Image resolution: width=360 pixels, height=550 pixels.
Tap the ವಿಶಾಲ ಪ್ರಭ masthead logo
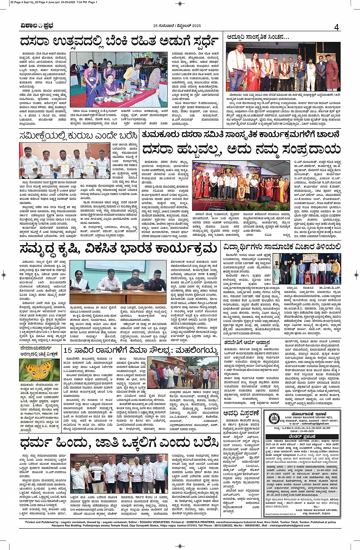37,26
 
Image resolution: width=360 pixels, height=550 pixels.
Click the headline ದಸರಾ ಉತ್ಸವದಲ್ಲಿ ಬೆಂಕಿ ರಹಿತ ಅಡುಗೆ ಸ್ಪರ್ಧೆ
119,41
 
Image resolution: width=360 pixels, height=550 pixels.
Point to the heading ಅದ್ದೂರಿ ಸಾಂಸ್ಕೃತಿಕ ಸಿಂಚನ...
258,37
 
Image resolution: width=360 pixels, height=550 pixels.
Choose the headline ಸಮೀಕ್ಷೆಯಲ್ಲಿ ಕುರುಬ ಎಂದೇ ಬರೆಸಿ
78,136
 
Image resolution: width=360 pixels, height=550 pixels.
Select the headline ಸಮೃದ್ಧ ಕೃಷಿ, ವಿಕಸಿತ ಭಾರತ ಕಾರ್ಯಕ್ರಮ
118,249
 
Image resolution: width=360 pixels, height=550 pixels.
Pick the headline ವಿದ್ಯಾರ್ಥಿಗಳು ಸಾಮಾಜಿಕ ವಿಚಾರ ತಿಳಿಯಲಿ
282,247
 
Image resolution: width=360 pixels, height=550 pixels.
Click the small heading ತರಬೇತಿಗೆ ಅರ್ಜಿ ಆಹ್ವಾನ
247,343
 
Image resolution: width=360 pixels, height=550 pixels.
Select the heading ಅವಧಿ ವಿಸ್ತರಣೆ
242,414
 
